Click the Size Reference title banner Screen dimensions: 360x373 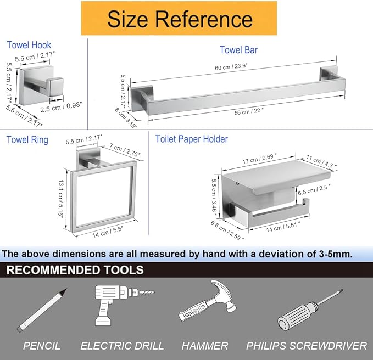point(180,19)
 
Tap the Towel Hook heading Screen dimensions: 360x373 point(29,46)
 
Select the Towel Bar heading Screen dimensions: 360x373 point(238,50)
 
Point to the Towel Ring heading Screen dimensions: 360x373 point(27,139)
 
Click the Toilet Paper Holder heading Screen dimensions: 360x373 point(191,139)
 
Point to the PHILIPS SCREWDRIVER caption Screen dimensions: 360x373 point(306,346)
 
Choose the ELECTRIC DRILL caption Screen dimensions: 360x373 point(122,346)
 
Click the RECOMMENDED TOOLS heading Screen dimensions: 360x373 point(75,270)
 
